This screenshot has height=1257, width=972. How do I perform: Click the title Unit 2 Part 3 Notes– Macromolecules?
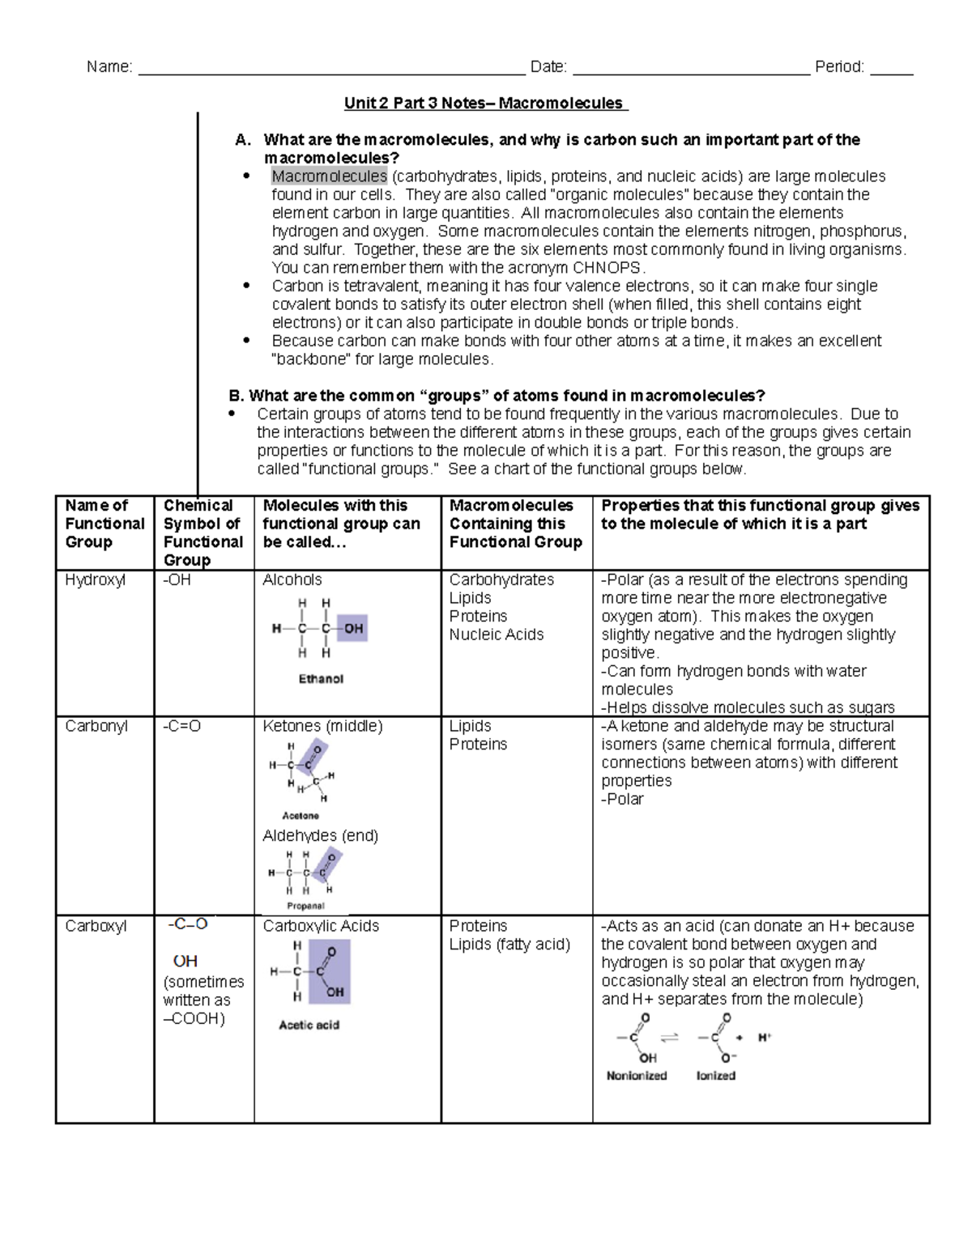click(484, 103)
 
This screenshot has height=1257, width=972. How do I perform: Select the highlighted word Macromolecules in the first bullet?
click(329, 176)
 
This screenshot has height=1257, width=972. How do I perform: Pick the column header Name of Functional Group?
click(104, 524)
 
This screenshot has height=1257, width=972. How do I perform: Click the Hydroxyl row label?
click(95, 580)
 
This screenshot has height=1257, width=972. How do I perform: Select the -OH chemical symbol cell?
click(177, 580)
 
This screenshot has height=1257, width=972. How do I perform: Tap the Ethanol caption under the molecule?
click(321, 679)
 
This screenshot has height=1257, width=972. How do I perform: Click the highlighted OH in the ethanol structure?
click(353, 628)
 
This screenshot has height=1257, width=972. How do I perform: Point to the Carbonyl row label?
click(96, 726)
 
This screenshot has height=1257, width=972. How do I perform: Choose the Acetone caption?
click(301, 816)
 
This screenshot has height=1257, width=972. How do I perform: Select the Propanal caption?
click(305, 906)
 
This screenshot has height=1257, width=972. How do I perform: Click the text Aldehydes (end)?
click(320, 835)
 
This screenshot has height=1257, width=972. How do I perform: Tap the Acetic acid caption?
click(309, 1025)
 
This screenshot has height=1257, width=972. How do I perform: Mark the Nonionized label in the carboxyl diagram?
click(637, 1076)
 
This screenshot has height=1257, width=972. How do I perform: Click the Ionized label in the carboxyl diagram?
click(715, 1076)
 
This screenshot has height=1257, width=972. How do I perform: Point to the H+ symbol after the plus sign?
click(764, 1038)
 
